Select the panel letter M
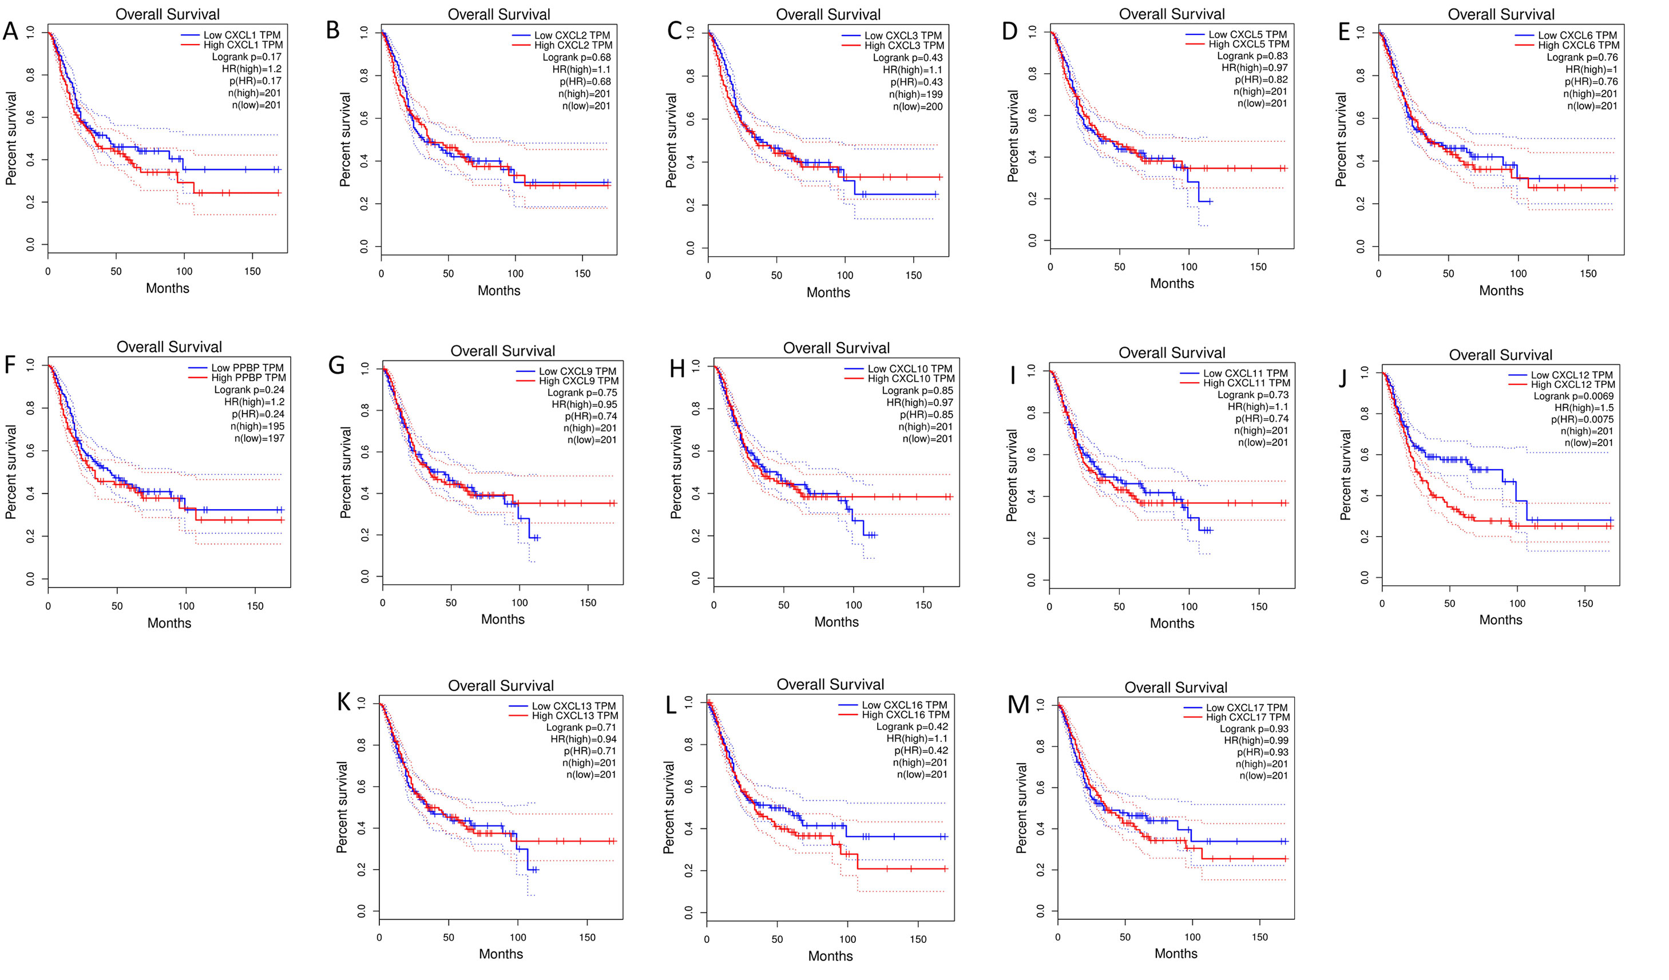click(1017, 705)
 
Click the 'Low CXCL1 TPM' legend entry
click(242, 35)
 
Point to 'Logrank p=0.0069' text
click(1573, 396)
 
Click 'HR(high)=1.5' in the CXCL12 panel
click(1584, 408)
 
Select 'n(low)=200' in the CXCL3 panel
click(917, 106)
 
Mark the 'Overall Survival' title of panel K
click(501, 685)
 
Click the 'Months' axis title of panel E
click(1501, 291)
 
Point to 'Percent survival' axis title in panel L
click(669, 807)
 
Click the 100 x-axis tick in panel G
click(520, 602)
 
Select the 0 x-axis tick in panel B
click(381, 273)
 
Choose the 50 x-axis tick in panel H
click(783, 605)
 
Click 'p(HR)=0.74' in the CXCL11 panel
click(1261, 418)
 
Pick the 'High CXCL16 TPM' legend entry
click(905, 715)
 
